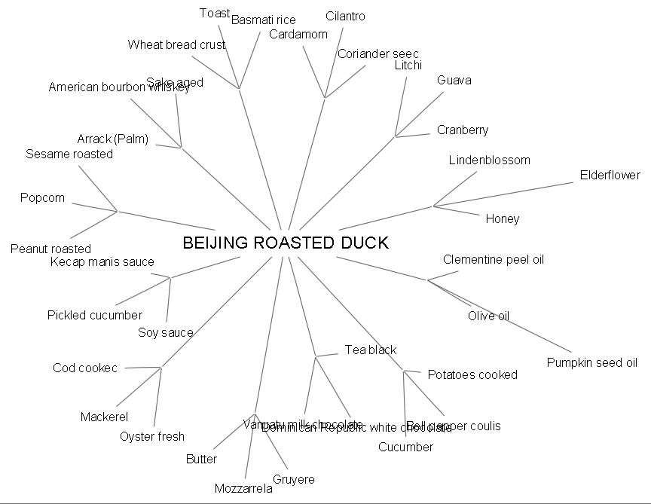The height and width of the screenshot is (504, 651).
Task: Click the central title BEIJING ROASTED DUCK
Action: click(x=286, y=243)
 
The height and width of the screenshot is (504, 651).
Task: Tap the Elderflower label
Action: click(x=610, y=175)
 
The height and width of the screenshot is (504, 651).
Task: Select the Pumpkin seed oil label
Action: click(x=591, y=362)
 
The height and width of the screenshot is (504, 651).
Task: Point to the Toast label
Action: click(x=215, y=13)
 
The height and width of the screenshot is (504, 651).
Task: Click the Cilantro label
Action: click(x=345, y=16)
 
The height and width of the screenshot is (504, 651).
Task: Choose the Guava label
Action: click(x=454, y=80)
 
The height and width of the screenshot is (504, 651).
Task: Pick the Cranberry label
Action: click(x=462, y=130)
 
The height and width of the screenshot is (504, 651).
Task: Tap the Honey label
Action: click(x=502, y=218)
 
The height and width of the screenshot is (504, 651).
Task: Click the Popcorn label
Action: click(x=42, y=197)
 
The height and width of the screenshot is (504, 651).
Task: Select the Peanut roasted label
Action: click(x=50, y=249)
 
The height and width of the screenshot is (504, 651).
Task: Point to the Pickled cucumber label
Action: click(x=94, y=315)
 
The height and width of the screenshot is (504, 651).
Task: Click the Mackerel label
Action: click(x=104, y=417)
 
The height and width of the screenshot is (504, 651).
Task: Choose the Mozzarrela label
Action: click(x=243, y=488)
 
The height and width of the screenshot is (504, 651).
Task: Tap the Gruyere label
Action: click(x=293, y=479)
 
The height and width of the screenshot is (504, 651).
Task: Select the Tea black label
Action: click(x=370, y=350)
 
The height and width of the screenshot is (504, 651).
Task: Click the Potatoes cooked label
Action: click(x=472, y=374)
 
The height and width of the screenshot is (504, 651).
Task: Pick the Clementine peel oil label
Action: click(x=493, y=259)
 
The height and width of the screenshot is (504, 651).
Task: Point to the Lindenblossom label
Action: click(x=489, y=160)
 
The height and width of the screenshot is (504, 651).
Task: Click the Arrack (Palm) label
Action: click(x=112, y=139)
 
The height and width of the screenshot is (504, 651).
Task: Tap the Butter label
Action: click(x=201, y=459)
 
